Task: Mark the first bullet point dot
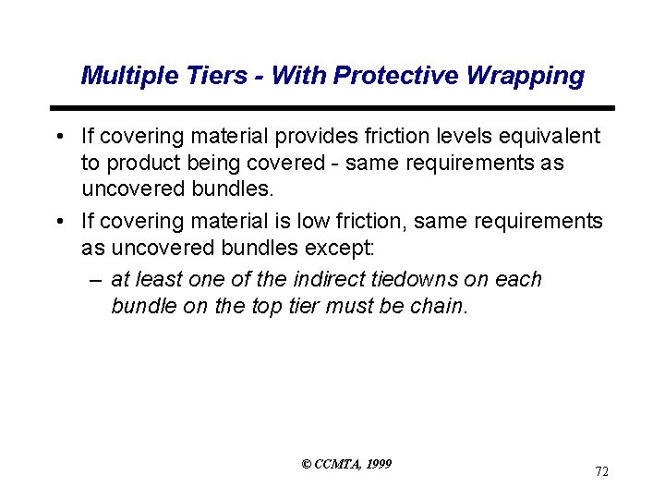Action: point(59,138)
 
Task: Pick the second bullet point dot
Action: point(59,222)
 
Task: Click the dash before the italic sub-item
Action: point(96,280)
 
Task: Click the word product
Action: point(144,163)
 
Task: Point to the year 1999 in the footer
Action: point(379,463)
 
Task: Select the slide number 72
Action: point(601,472)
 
